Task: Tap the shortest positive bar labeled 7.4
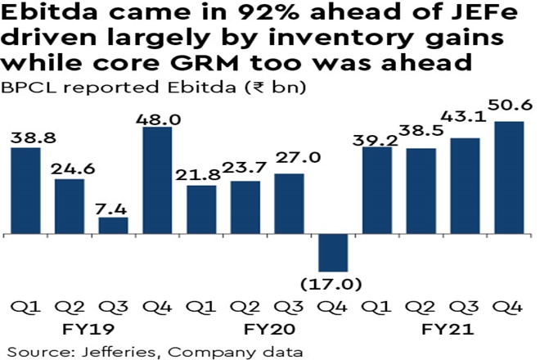coord(114,226)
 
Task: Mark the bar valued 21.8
coord(202,209)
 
